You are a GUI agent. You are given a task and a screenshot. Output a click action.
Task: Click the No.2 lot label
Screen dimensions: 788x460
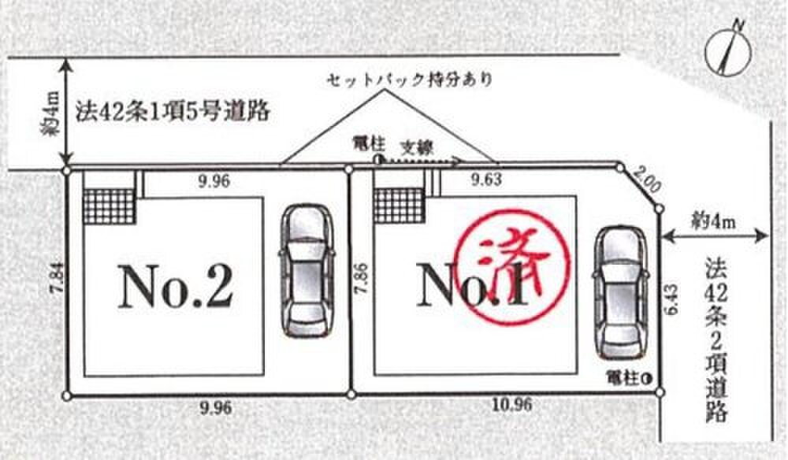tap(175, 288)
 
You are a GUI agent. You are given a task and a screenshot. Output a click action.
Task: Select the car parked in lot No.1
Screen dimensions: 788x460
tap(620, 294)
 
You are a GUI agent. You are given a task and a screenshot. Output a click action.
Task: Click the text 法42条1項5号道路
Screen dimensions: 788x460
tap(173, 112)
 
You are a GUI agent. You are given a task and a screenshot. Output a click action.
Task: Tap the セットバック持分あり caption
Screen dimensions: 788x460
tap(409, 79)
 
